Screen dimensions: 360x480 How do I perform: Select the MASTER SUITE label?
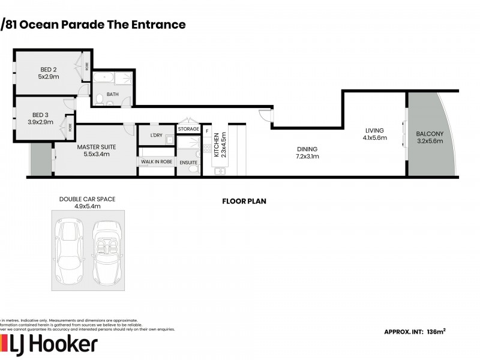coord(97,147)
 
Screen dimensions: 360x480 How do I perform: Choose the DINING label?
coord(306,149)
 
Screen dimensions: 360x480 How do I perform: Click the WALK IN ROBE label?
coord(156,161)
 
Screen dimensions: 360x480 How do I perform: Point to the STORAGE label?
coord(188,129)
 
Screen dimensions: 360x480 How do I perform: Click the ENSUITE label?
coord(188,161)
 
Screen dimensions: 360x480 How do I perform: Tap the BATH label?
coord(113,94)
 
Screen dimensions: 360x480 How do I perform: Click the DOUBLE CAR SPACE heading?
coord(88,199)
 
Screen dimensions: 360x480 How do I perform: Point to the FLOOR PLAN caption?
coord(244,202)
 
